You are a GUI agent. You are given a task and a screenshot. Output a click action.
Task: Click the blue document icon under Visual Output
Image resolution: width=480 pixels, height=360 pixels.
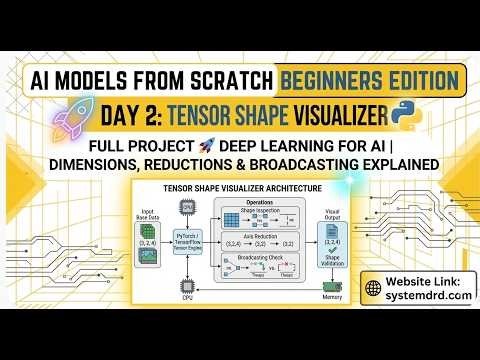click(x=330, y=228)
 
